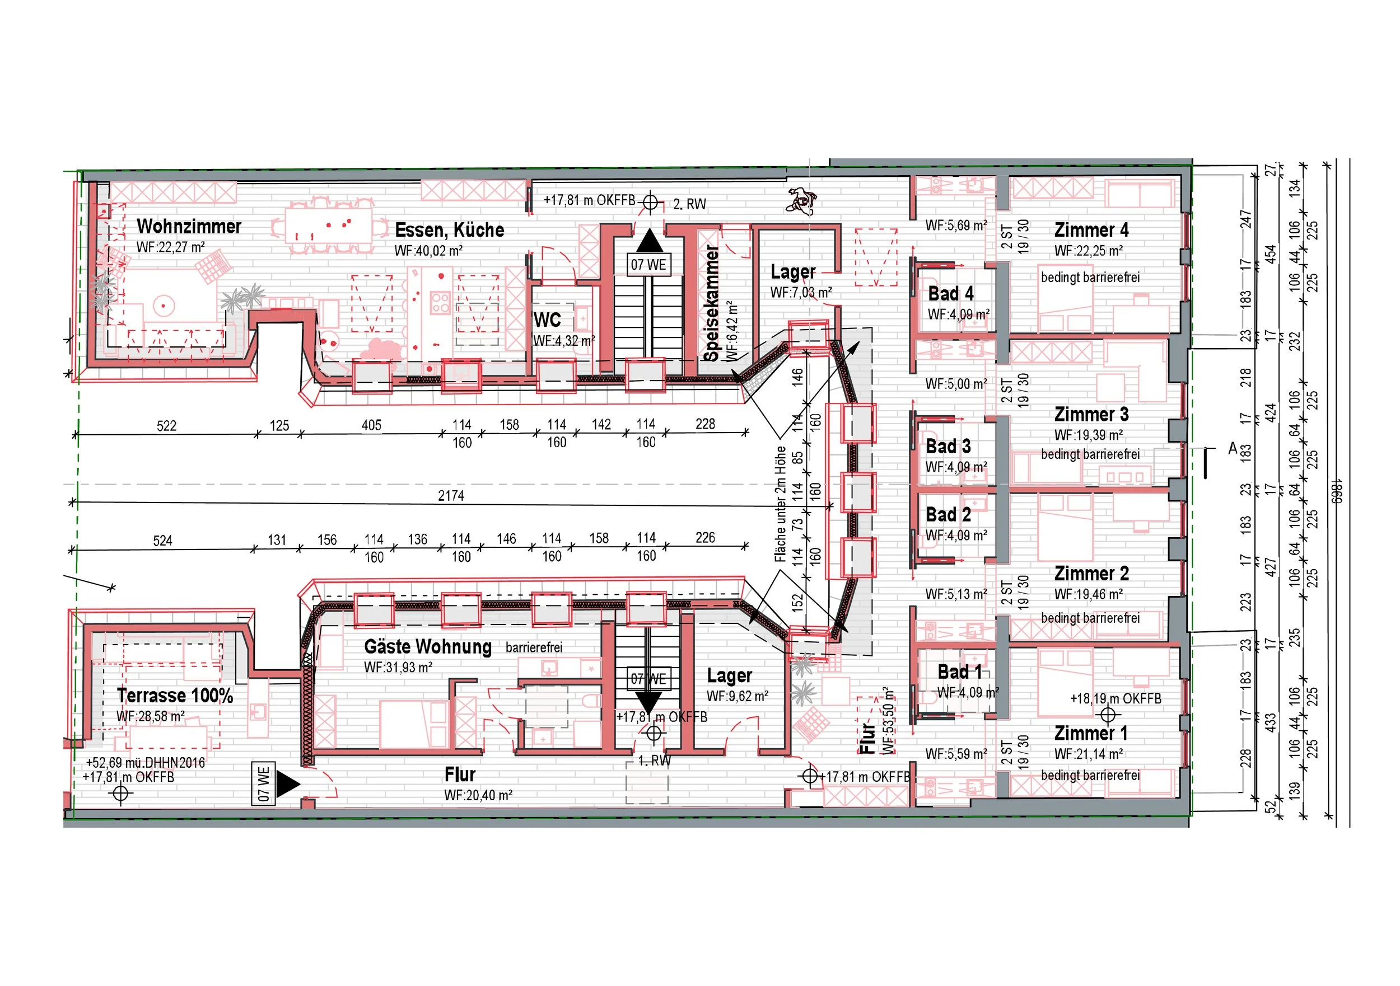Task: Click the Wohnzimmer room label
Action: pyautogui.click(x=189, y=227)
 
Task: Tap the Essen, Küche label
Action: pyautogui.click(x=449, y=231)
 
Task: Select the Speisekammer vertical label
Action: pyautogui.click(x=712, y=303)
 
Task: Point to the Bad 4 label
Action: pyautogui.click(x=951, y=294)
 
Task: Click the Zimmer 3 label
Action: pyautogui.click(x=1091, y=415)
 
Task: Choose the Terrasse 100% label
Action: pyautogui.click(x=175, y=696)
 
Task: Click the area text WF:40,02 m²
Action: pyautogui.click(x=428, y=251)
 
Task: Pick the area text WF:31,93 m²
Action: pyautogui.click(x=398, y=667)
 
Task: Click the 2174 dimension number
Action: pyautogui.click(x=451, y=496)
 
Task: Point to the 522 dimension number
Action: pyautogui.click(x=166, y=426)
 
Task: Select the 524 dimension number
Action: pyautogui.click(x=163, y=541)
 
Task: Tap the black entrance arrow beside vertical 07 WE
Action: pyautogui.click(x=288, y=785)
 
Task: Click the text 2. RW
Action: pyautogui.click(x=689, y=205)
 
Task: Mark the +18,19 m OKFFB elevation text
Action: pyautogui.click(x=1116, y=699)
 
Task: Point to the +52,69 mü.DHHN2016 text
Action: pyautogui.click(x=145, y=763)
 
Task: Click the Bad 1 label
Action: pyautogui.click(x=960, y=672)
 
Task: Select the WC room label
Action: pyautogui.click(x=547, y=320)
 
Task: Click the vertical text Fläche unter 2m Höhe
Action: pyautogui.click(x=781, y=505)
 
